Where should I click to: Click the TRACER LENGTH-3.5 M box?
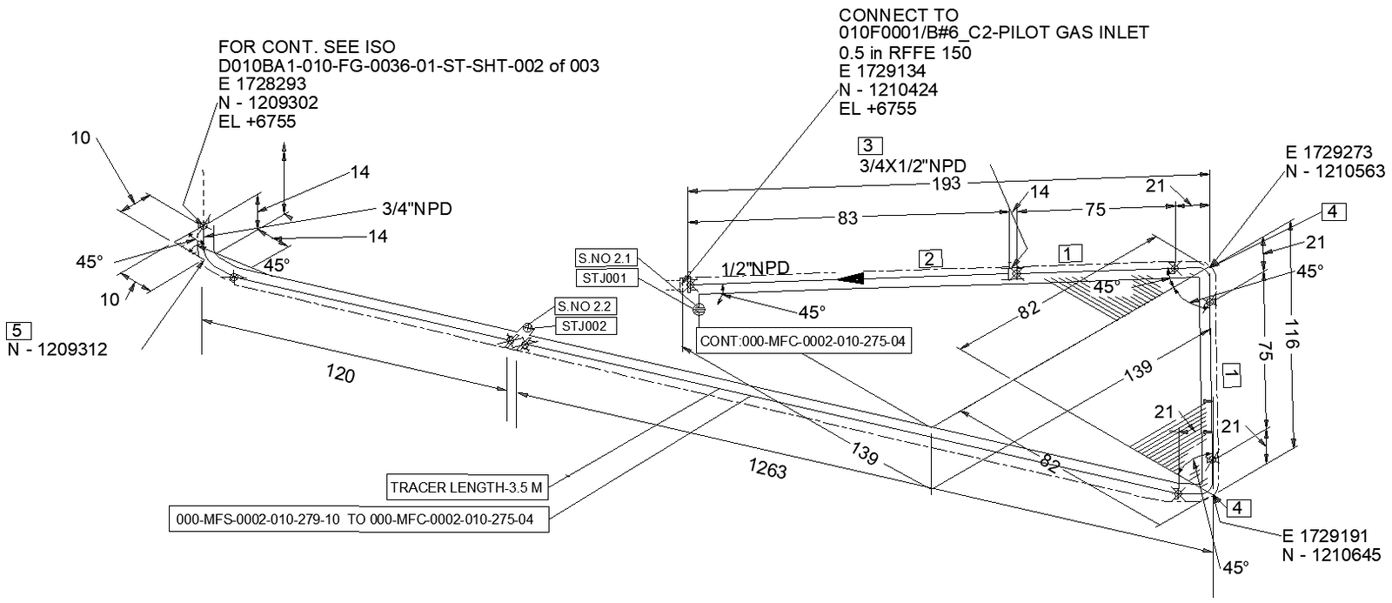(466, 488)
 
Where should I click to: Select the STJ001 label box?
(606, 278)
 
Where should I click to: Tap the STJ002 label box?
(586, 326)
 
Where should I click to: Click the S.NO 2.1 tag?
(606, 258)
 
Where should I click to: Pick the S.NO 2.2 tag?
(586, 307)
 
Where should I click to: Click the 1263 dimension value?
(766, 469)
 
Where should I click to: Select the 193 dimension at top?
(946, 184)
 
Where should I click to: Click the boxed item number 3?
(869, 145)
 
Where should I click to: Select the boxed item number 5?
(18, 330)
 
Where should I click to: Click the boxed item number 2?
(929, 258)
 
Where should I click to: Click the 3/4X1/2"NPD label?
(912, 165)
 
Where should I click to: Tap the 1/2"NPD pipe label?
(755, 269)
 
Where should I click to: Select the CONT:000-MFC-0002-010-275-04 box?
(802, 341)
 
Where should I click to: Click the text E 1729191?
(1325, 535)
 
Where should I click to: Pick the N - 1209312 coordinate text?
(57, 350)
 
